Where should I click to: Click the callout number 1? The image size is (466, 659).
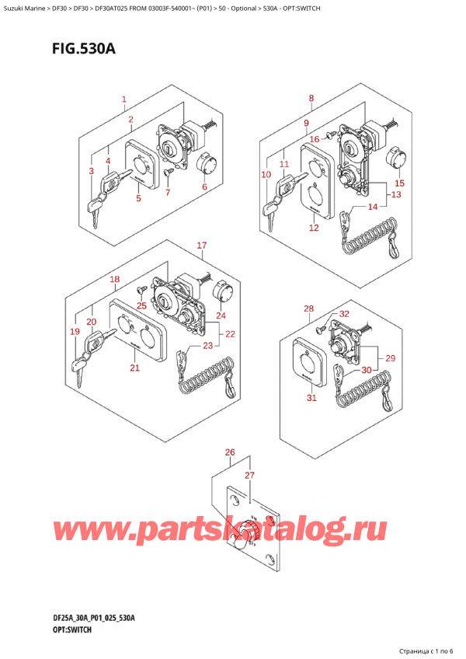(123, 99)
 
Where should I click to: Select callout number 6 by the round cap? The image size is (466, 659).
(204, 187)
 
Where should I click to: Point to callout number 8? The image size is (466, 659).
(311, 99)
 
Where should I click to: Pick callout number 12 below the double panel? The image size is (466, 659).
(314, 228)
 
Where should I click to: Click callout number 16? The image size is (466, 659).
(315, 139)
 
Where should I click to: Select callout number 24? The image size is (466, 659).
(220, 316)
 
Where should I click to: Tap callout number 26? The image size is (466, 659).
(229, 452)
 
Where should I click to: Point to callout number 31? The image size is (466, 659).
(311, 399)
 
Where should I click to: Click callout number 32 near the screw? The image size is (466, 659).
(344, 313)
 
